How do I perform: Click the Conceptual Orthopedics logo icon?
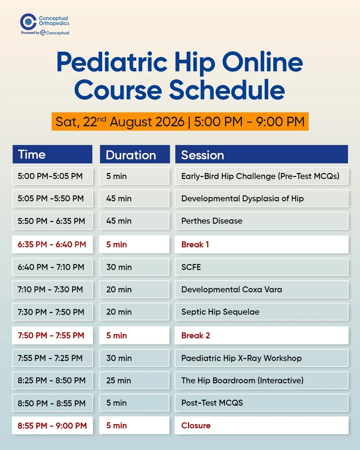click(x=28, y=21)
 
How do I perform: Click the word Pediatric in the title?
click(x=112, y=62)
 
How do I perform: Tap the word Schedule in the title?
click(x=227, y=90)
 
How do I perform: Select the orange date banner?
click(x=180, y=121)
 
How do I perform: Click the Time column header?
click(x=52, y=154)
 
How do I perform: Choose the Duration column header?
click(x=135, y=154)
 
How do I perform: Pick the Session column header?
click(x=261, y=154)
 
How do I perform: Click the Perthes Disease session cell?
click(x=261, y=221)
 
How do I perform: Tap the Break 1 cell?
click(x=261, y=244)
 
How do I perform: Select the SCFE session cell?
click(x=261, y=267)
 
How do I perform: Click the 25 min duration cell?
click(x=134, y=380)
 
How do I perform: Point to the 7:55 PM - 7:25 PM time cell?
click(x=53, y=358)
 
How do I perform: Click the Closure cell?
click(x=261, y=425)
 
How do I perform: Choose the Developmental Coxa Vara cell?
click(x=261, y=289)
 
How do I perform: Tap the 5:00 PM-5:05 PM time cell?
click(x=53, y=176)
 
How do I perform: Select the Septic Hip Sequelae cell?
click(x=261, y=312)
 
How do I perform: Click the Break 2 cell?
click(x=261, y=335)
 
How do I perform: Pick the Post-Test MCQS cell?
click(x=261, y=403)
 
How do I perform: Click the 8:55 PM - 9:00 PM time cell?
click(x=53, y=425)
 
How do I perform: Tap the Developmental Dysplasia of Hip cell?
click(x=261, y=198)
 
